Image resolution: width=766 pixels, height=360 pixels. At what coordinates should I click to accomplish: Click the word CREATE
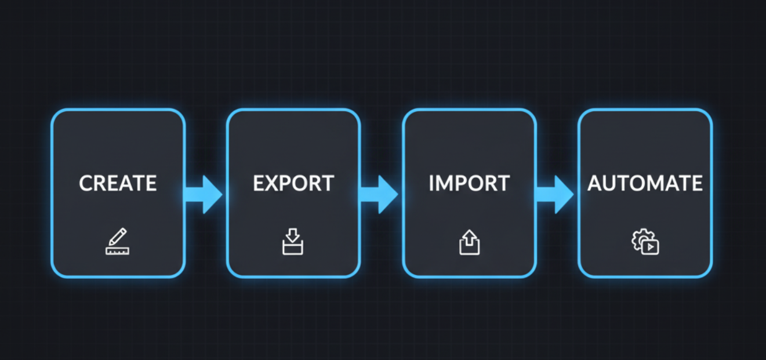tap(118, 184)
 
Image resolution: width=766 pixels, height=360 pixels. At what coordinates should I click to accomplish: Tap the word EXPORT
tap(293, 184)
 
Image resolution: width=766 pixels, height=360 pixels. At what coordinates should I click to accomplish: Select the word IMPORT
tap(469, 184)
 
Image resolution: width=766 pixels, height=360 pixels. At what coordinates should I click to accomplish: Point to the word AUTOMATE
tap(645, 184)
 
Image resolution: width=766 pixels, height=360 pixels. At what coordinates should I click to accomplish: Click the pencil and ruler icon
tap(117, 242)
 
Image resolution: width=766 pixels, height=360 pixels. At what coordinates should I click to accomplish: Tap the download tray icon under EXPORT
tap(293, 242)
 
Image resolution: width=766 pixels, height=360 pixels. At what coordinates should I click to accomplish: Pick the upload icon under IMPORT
tap(469, 242)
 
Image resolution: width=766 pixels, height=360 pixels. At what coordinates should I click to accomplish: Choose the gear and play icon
tap(645, 242)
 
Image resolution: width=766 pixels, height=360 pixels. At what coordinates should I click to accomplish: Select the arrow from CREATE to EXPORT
tap(204, 194)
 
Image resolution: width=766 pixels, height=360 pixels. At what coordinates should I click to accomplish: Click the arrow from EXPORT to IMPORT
tap(380, 194)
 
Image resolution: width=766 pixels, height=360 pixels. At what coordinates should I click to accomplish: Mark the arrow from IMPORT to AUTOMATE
tap(555, 194)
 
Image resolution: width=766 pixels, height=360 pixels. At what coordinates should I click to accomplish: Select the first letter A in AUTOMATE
tap(596, 184)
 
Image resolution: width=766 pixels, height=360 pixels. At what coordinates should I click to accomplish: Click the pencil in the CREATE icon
tap(119, 237)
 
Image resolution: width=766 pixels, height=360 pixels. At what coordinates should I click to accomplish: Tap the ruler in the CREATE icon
tap(117, 250)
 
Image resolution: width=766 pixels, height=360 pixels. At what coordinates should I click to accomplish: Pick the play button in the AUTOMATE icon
tap(651, 247)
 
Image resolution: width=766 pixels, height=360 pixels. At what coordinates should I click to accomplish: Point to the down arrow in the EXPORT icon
tap(293, 235)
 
